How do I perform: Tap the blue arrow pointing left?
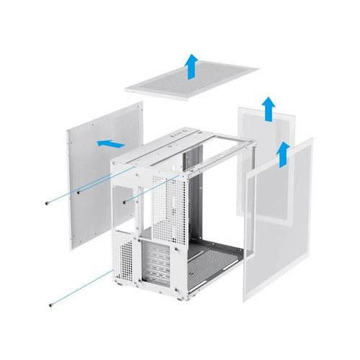pyautogui.click(x=109, y=143)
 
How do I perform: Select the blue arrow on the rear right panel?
pyautogui.click(x=268, y=107)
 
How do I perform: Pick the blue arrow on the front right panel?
pyautogui.click(x=283, y=153)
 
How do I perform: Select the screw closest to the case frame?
pyautogui.click(x=127, y=202)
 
